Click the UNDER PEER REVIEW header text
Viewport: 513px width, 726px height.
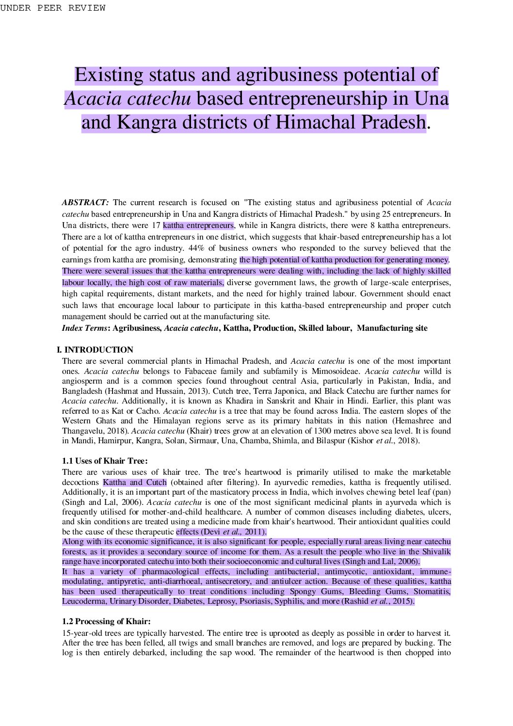53,8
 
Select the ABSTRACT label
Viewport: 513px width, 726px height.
85,203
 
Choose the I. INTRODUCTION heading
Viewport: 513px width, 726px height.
95,350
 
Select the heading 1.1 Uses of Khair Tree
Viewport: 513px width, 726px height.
105,461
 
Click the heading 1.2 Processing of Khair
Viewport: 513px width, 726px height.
106,621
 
